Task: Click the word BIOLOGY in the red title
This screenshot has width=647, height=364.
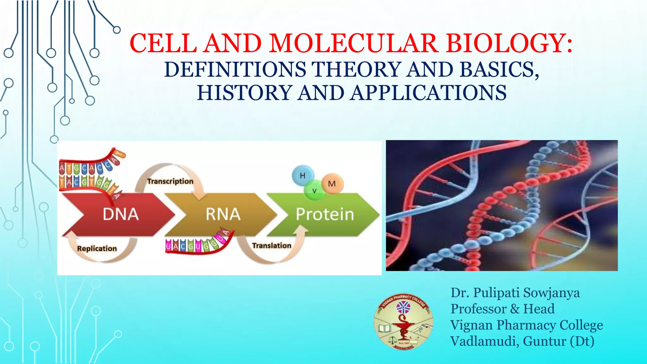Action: point(505,43)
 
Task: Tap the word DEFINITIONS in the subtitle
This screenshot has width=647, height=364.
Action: point(235,70)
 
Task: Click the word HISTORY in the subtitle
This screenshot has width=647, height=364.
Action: point(244,93)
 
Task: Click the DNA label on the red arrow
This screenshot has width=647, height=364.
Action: point(121,214)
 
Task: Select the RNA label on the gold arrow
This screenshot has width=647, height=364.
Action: point(223,214)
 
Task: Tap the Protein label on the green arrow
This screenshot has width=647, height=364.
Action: point(325,214)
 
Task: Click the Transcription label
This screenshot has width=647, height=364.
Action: point(170,181)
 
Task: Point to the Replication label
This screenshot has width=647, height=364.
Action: point(97,249)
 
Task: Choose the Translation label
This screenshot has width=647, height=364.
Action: point(272,246)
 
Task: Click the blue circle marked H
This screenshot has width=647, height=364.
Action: point(303,175)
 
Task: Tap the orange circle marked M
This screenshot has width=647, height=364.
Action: point(332,184)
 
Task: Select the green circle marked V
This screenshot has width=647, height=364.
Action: point(314,191)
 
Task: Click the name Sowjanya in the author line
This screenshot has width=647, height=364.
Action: point(551,293)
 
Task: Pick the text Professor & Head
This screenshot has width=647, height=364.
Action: point(502,309)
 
